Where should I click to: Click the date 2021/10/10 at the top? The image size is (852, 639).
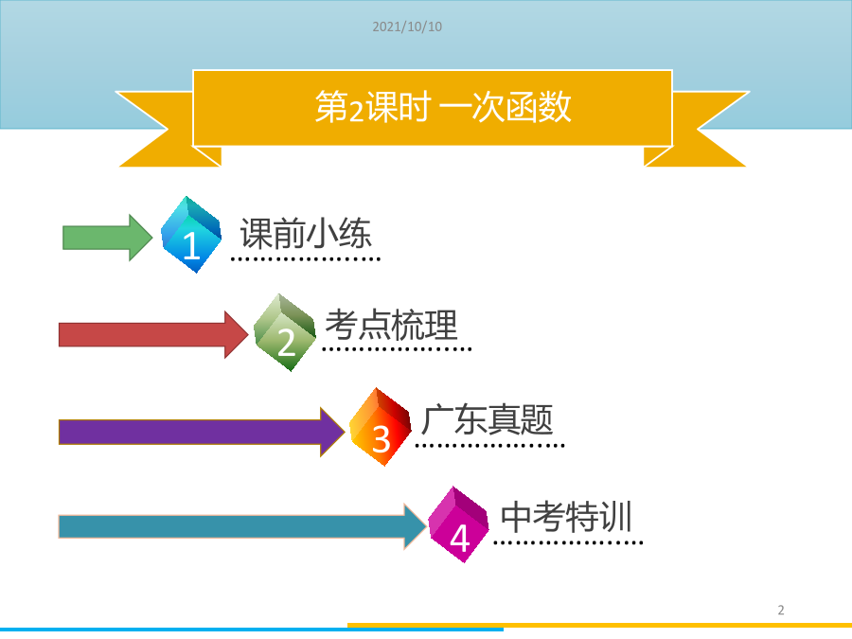[x=407, y=27]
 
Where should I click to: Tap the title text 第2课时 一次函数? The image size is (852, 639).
[x=443, y=106]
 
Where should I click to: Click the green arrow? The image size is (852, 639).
[x=108, y=238]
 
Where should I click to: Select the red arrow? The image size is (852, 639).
[x=153, y=335]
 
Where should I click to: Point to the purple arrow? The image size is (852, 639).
[x=202, y=432]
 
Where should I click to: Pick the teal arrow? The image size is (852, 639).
[x=243, y=526]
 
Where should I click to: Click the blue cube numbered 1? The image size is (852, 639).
[x=191, y=234]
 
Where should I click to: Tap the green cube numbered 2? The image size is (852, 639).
[x=285, y=332]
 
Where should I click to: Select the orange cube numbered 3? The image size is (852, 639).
[x=381, y=427]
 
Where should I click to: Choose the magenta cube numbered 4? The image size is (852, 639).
[x=459, y=524]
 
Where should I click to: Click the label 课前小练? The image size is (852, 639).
[x=306, y=233]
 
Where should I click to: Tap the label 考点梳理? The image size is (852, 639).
[x=391, y=325]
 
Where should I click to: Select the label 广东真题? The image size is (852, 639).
[x=488, y=420]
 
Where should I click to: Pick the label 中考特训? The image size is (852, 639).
[x=566, y=516]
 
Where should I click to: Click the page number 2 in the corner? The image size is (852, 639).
[x=781, y=611]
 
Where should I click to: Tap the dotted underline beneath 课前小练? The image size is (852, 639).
[x=306, y=259]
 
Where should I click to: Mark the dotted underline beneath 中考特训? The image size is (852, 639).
[x=568, y=542]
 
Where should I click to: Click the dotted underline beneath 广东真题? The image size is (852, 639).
[x=490, y=446]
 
